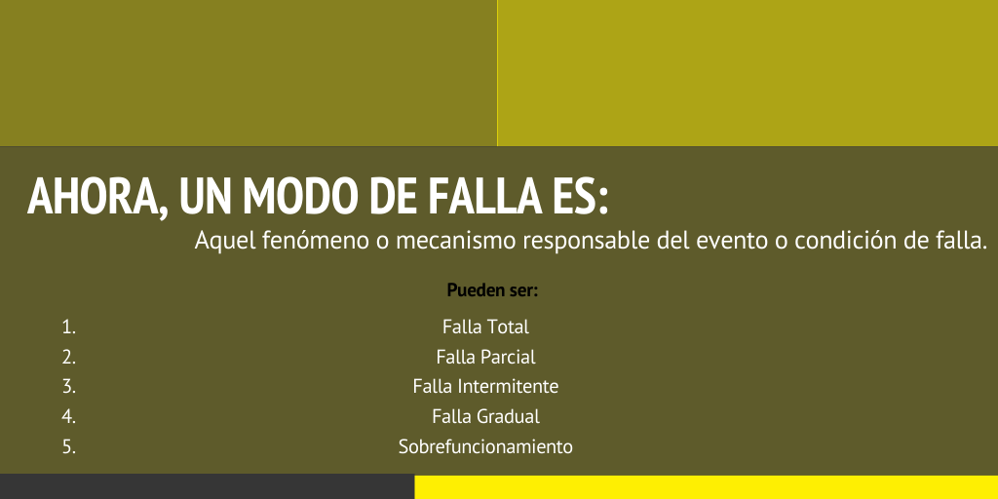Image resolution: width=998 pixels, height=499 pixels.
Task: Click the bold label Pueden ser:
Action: click(x=492, y=290)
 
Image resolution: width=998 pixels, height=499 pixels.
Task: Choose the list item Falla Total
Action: click(x=485, y=327)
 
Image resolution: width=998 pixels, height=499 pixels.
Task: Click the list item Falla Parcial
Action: click(x=485, y=357)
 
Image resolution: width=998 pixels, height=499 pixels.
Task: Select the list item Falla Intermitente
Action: click(x=485, y=387)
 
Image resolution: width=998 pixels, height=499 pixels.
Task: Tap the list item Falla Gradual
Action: click(x=485, y=417)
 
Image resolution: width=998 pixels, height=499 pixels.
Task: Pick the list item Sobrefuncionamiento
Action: click(x=485, y=447)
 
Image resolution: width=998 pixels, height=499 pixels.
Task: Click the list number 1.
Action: click(x=68, y=327)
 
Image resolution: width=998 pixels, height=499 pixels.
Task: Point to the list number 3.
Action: click(x=68, y=387)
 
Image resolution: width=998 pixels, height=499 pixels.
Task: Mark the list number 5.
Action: click(x=68, y=447)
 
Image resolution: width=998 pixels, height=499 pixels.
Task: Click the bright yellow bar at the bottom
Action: click(x=706, y=487)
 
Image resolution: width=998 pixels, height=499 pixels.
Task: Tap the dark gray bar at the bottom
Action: click(x=207, y=486)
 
